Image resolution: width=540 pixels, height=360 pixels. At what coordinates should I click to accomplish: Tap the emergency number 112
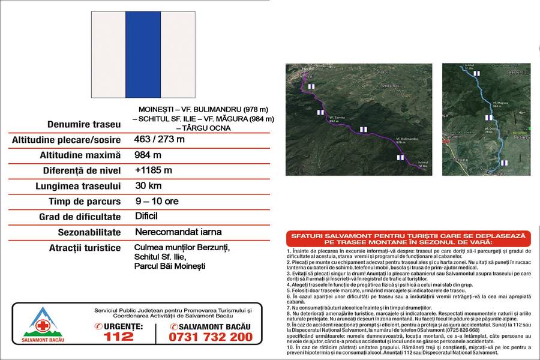[x=119, y=337]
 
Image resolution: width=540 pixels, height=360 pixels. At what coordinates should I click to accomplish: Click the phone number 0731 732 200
[x=211, y=337]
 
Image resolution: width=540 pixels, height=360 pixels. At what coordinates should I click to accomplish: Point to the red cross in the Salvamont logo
[x=42, y=326]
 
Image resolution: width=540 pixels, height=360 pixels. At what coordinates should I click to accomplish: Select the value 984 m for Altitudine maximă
[x=148, y=155]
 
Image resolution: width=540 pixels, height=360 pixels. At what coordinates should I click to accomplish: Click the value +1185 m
[x=154, y=170]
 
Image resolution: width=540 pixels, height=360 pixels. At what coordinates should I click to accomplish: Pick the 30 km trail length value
[x=148, y=186]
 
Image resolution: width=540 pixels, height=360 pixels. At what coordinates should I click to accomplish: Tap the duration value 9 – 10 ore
[x=157, y=201]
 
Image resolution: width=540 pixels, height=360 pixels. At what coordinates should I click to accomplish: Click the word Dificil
[x=146, y=216]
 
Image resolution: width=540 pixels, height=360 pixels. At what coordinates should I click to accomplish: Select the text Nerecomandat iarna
[x=170, y=232]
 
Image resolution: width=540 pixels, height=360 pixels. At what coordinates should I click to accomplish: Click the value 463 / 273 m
[x=160, y=140]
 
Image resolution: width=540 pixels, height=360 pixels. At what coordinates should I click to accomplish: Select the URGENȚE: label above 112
[x=122, y=326]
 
